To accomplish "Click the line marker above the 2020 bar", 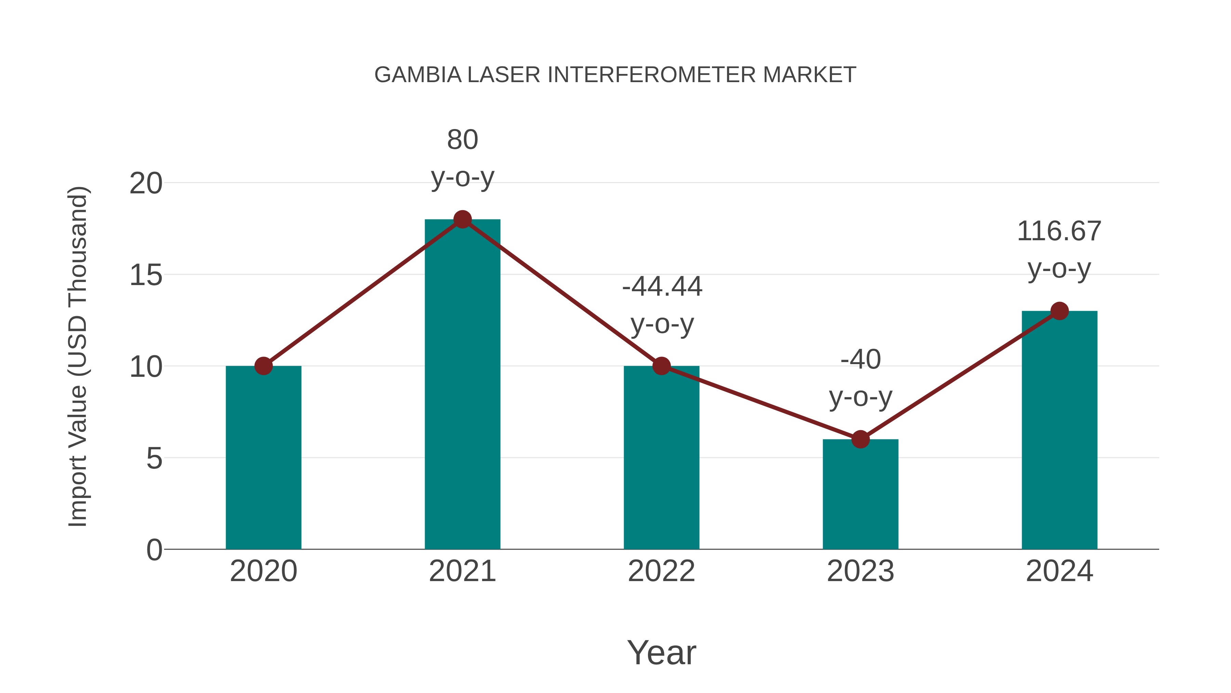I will [263, 366].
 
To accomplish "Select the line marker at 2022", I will [661, 366].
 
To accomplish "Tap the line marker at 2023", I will [860, 439].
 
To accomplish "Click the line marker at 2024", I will [1059, 311].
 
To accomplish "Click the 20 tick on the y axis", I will [146, 183].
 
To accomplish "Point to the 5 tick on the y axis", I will [154, 458].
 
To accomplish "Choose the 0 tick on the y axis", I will [154, 550].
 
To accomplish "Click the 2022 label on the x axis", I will [661, 571].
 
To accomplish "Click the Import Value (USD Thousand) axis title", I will [77, 356].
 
